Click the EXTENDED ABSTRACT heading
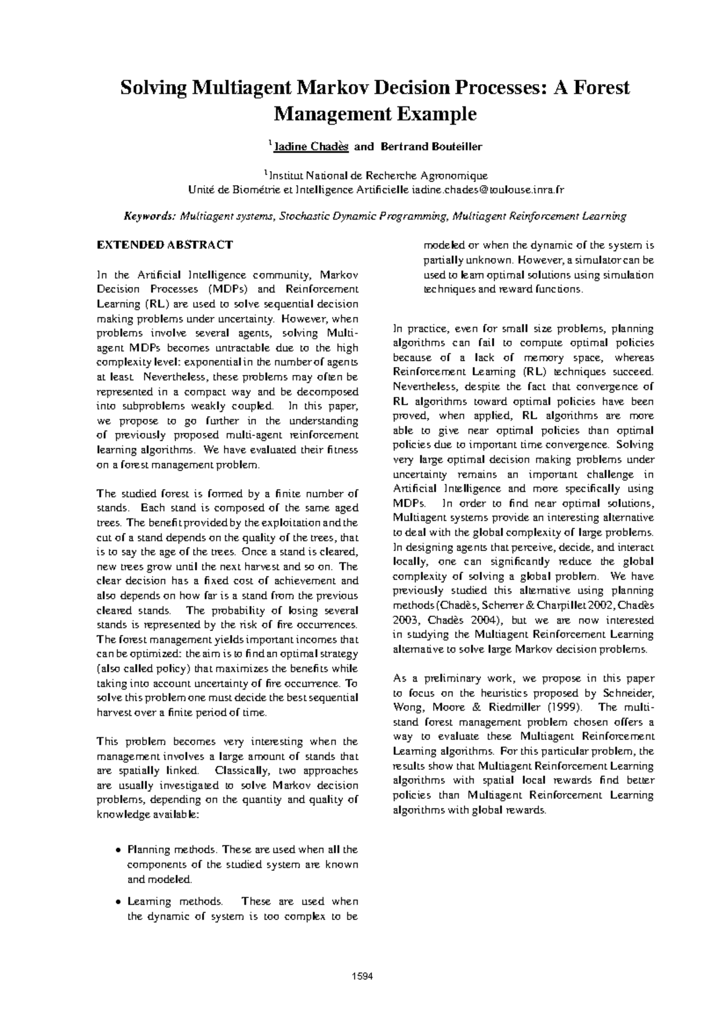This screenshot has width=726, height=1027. (165, 245)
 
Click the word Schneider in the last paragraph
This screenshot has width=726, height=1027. (627, 693)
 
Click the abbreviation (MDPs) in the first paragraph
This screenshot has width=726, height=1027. (231, 289)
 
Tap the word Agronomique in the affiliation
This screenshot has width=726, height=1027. (453, 176)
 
